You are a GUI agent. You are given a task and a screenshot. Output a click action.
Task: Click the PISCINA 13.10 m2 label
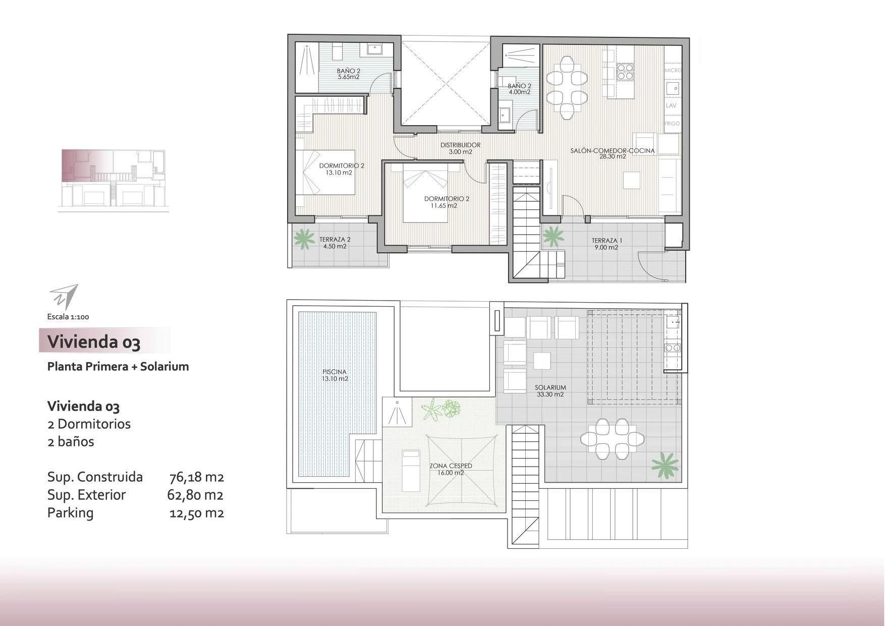[x=335, y=375]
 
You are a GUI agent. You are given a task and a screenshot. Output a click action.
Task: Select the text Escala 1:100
[x=68, y=317]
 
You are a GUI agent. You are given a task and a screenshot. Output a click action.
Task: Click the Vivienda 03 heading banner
[x=104, y=340]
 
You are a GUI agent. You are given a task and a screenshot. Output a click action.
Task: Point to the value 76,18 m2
[x=197, y=477]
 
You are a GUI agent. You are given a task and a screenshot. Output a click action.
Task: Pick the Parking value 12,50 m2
[x=197, y=513]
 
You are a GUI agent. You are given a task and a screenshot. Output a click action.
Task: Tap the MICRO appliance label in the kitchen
[x=673, y=71]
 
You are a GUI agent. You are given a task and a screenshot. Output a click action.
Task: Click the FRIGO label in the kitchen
[x=672, y=124]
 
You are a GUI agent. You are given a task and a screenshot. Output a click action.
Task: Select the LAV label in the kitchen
[x=671, y=106]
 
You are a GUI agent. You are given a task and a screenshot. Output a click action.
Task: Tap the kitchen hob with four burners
[x=625, y=72]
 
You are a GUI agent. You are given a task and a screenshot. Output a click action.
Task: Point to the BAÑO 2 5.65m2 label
[x=349, y=74]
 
